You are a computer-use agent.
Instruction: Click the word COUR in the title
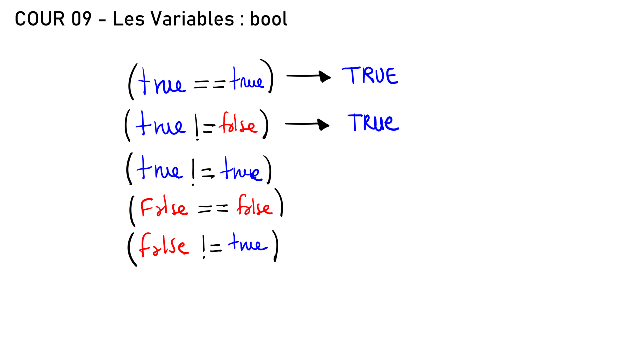(40, 19)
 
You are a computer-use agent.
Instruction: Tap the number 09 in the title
(81, 19)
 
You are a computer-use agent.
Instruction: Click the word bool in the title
(269, 19)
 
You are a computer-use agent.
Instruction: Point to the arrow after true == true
(308, 76)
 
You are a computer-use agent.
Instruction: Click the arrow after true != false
(307, 124)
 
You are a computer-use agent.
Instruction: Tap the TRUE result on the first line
(370, 75)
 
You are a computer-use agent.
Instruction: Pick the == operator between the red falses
(213, 209)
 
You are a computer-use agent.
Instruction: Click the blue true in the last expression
(248, 242)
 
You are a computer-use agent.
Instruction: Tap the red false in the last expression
(164, 245)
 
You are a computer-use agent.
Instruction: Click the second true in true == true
(247, 79)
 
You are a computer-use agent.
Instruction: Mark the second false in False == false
(255, 205)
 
